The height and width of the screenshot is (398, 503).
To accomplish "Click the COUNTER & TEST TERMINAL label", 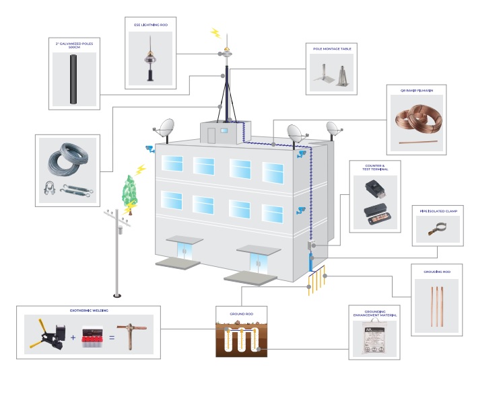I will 374,167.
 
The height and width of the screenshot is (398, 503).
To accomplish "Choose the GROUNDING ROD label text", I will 436,272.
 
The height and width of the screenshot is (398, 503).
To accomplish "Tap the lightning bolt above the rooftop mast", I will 215,32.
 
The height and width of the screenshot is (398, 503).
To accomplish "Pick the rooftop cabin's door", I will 211,134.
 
